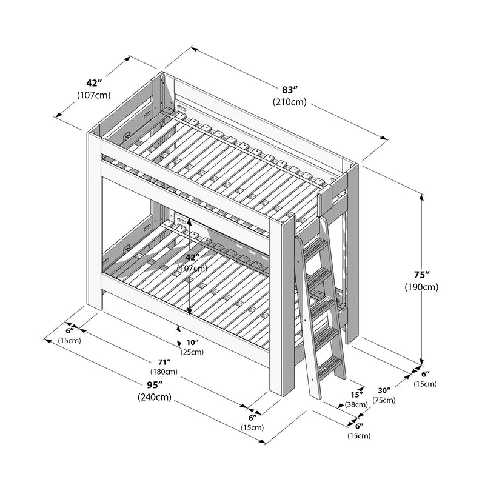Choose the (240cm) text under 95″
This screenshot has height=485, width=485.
(154, 398)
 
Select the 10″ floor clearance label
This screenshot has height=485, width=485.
(192, 342)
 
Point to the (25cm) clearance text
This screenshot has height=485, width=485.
(192, 352)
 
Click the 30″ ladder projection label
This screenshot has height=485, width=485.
(384, 390)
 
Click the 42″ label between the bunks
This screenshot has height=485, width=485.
(192, 256)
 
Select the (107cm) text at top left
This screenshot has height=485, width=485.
(93, 95)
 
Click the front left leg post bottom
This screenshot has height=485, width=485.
(95, 303)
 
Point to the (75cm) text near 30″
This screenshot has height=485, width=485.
(384, 400)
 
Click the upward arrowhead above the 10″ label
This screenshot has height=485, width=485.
(178, 328)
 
